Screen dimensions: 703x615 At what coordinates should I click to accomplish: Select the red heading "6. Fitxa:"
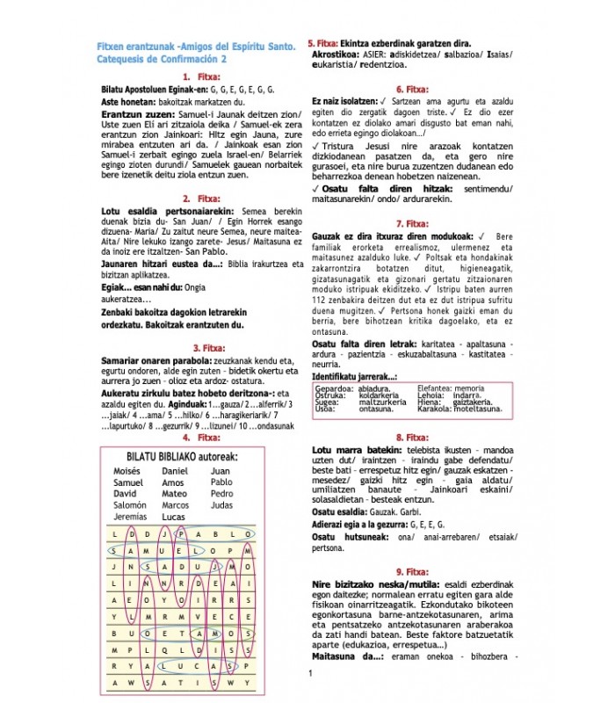(411, 89)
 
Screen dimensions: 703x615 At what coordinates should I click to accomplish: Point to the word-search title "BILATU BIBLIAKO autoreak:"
(182, 457)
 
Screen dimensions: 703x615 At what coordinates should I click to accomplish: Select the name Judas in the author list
(222, 505)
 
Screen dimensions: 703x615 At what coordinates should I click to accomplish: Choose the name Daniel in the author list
(175, 471)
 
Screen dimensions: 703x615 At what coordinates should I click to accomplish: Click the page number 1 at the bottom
(310, 674)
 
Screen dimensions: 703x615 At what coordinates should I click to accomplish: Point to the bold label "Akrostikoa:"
(337, 54)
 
